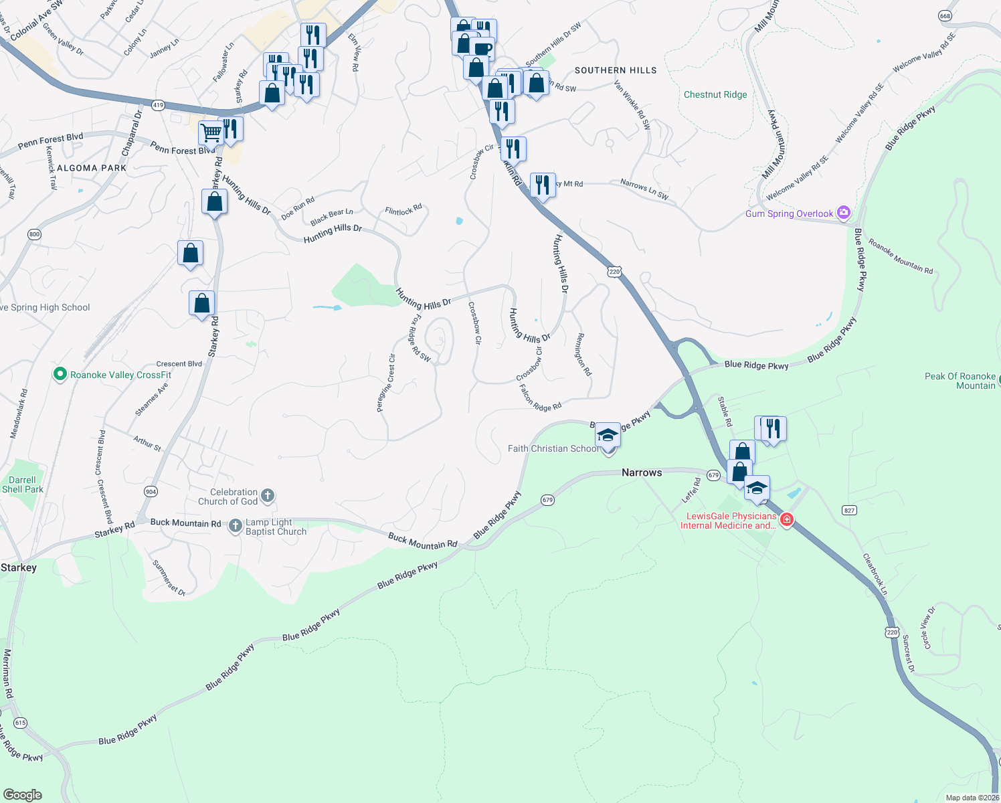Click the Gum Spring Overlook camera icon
[844, 213]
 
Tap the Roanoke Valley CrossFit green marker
[60, 375]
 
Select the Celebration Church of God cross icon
[267, 496]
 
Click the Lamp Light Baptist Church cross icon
[236, 526]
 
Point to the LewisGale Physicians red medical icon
[787, 520]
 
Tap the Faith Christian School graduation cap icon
[608, 435]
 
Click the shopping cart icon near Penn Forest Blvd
[211, 132]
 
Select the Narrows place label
[642, 472]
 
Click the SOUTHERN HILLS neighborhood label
[616, 70]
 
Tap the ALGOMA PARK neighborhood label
[92, 168]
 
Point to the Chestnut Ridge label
[715, 94]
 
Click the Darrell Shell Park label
[23, 484]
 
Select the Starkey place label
[19, 567]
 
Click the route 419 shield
[158, 105]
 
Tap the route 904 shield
[151, 492]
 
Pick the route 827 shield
[849, 510]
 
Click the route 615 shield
[20, 723]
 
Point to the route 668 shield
[945, 15]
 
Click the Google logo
[23, 795]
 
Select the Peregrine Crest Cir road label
[386, 383]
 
